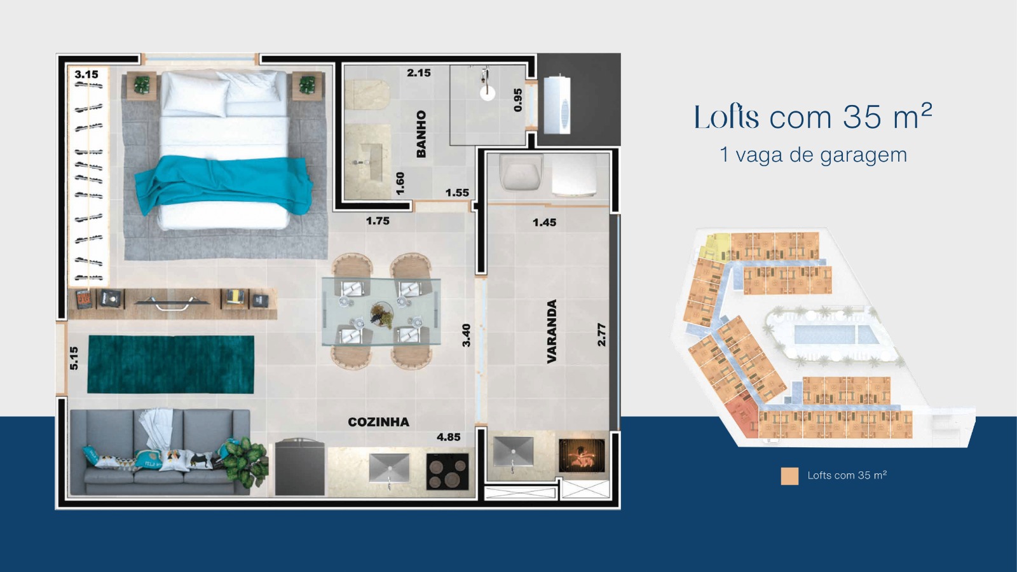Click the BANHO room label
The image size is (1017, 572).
tap(421, 134)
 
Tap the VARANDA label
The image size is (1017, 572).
tap(552, 331)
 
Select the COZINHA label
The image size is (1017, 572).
tap(378, 422)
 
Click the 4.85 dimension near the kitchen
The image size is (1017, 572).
tap(448, 437)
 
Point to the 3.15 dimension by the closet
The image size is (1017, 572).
tap(86, 74)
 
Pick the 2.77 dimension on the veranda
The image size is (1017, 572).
tap(601, 335)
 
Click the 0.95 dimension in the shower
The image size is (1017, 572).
tap(517, 100)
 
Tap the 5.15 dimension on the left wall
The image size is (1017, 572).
tap(74, 358)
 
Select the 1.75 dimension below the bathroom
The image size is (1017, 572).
tap(378, 221)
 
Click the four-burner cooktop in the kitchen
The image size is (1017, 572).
tap(447, 472)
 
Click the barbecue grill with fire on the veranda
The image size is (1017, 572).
tap(581, 456)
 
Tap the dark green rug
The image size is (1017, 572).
tap(170, 365)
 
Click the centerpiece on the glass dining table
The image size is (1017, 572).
tap(381, 314)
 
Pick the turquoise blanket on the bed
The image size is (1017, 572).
tap(222, 182)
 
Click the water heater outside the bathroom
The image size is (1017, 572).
tap(557, 105)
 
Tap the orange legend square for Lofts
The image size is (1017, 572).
tap(789, 476)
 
